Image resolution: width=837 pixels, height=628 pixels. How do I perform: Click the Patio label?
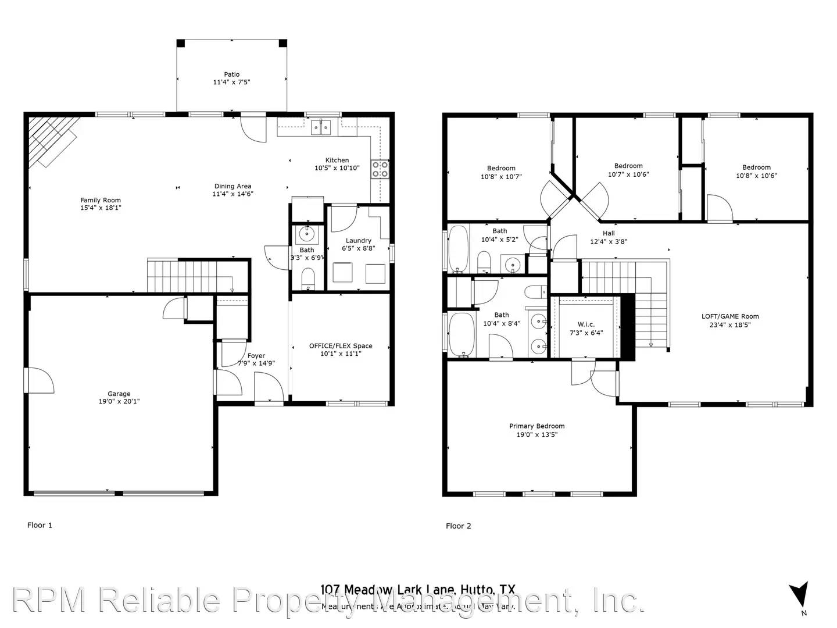pos(231,74)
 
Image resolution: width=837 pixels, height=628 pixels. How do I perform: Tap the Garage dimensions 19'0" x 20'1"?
pos(119,402)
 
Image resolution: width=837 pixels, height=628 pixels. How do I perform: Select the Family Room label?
pos(101,200)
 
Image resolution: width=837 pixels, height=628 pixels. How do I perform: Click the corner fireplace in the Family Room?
pos(52,140)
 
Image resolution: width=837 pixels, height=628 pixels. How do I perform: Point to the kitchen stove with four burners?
pos(380,169)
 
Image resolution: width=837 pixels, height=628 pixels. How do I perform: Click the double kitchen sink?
pos(320,127)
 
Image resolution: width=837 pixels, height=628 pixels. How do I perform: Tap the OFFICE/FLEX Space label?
pos(341,346)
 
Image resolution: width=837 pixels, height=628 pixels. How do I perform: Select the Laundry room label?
pos(358,241)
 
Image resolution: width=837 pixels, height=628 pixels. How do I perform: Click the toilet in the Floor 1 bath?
pos(308,277)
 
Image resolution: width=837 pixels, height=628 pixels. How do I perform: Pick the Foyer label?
pos(256,356)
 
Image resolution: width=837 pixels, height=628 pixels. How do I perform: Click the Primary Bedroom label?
pos(536,426)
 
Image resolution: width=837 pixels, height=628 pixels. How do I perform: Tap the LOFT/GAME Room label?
pos(730,317)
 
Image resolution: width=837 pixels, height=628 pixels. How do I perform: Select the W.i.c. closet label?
pos(586,324)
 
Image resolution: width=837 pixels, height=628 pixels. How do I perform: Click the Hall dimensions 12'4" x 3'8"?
pos(609,242)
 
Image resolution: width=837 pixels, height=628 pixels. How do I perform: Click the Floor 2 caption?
pos(458,526)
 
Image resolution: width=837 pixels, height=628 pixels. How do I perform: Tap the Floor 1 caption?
pos(40,525)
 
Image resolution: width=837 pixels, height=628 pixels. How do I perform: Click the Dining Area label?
pos(233,187)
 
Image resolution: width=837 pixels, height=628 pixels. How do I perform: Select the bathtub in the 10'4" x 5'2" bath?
pos(459,249)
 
